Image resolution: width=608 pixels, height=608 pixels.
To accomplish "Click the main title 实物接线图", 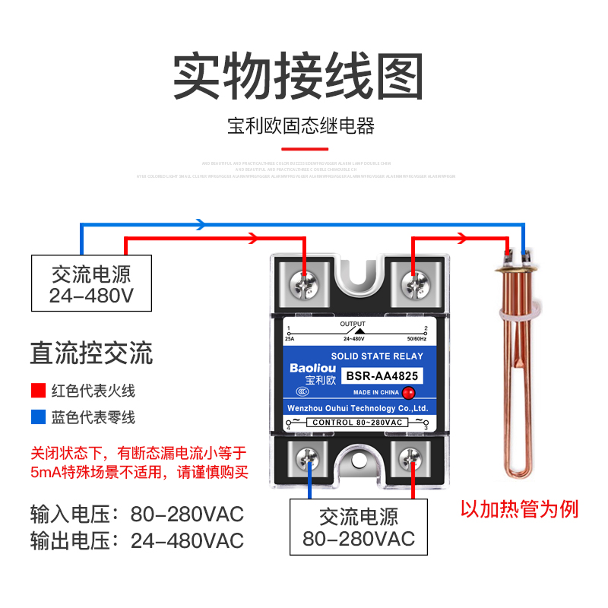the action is click(x=298, y=77).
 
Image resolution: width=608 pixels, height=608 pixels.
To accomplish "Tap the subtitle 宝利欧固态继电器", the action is click(x=302, y=126).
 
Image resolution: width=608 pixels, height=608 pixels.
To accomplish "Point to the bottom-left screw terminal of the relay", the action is click(x=309, y=458).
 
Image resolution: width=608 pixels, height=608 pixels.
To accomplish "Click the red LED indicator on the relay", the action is click(x=408, y=392).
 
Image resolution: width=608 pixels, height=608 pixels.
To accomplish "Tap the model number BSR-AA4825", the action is click(x=382, y=375).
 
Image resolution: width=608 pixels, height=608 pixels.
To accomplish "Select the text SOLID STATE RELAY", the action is click(x=377, y=356).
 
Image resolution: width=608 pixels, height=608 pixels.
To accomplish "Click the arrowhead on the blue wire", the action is click(x=201, y=224).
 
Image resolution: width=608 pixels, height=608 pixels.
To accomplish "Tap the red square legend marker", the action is click(x=37, y=391).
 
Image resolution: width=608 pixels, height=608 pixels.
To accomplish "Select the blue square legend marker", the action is click(x=37, y=417).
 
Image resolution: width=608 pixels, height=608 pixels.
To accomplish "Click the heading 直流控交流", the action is click(x=91, y=353).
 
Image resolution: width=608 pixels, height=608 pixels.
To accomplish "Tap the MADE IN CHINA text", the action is click(x=375, y=393).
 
